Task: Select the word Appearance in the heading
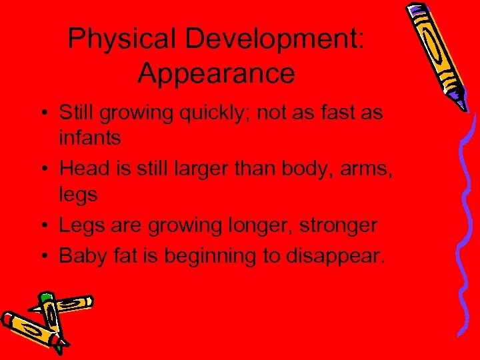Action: click(216, 73)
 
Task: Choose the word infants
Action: click(90, 138)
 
